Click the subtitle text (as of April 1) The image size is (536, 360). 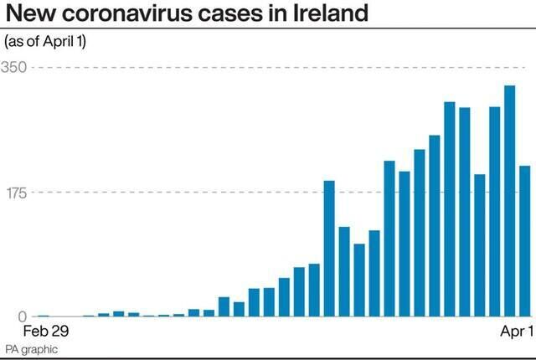(46, 41)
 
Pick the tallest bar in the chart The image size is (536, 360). (509, 201)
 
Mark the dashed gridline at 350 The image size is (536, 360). (251, 67)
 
